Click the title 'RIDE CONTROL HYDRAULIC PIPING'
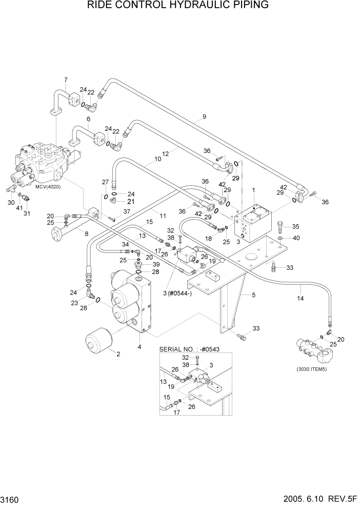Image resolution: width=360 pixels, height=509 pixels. pos(178,6)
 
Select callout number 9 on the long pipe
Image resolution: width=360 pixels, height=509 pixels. pos(204,117)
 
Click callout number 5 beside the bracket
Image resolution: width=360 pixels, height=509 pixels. pos(253,295)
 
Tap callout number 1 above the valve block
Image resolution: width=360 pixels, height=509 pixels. pos(253,190)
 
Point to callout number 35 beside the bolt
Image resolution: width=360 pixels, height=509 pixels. pos(295,226)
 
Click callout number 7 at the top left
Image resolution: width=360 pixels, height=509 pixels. pos(66,80)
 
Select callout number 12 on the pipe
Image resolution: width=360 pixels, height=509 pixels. pos(165,153)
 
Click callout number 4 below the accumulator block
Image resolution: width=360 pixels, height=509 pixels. pos(139,347)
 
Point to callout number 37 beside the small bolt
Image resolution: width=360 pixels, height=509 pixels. pos(126,212)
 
